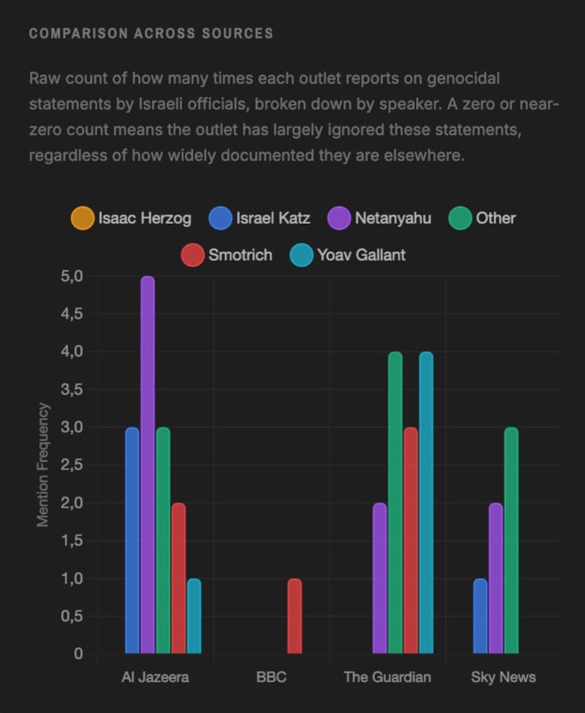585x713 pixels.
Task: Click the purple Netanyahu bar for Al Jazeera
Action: click(x=148, y=465)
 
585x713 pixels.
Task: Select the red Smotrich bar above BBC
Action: click(x=294, y=616)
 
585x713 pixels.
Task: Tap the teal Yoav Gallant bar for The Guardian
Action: click(x=426, y=503)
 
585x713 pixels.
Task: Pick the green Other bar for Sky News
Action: click(x=511, y=540)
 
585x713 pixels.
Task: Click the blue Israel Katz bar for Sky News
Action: click(x=480, y=616)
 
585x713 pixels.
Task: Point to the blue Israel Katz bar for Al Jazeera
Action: click(x=132, y=540)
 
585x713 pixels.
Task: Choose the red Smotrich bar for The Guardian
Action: click(x=410, y=540)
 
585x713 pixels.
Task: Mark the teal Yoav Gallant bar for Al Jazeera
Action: click(x=194, y=616)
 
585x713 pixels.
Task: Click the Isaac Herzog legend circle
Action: click(x=83, y=218)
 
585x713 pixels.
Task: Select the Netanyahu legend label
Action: click(x=393, y=218)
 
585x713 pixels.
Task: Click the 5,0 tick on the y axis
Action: click(x=72, y=276)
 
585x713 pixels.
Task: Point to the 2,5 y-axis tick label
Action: click(x=72, y=465)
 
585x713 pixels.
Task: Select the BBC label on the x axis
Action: click(x=271, y=677)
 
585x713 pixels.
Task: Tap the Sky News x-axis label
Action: click(x=503, y=677)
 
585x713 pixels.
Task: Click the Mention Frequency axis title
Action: click(x=43, y=465)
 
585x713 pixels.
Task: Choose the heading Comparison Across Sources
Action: click(x=151, y=34)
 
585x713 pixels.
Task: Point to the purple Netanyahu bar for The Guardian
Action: click(x=380, y=578)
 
